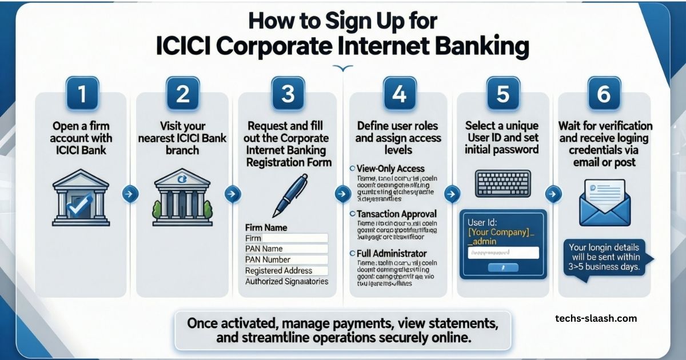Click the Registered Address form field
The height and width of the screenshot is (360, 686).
click(286, 270)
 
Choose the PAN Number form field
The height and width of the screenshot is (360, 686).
click(286, 259)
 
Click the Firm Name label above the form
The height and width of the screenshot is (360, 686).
click(266, 227)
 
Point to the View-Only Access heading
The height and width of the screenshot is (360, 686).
click(390, 169)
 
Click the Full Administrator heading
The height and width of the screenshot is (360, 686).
click(392, 253)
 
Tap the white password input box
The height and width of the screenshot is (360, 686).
click(503, 252)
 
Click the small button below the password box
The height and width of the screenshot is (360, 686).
click(503, 267)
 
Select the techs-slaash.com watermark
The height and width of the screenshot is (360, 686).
click(596, 318)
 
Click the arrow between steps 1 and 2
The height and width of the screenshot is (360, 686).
click(130, 194)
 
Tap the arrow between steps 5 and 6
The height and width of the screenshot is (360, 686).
click(553, 194)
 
